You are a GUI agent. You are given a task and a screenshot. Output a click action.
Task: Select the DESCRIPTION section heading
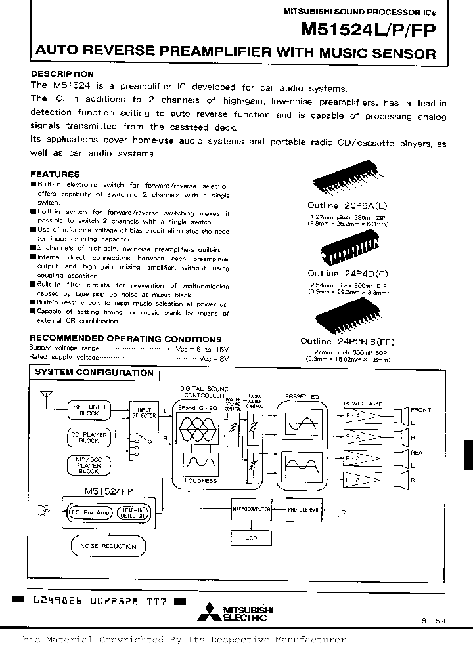pyautogui.click(x=62, y=74)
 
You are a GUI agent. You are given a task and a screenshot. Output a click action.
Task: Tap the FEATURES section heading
pyautogui.click(x=55, y=175)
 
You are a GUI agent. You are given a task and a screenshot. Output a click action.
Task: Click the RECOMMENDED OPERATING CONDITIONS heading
pyautogui.click(x=125, y=339)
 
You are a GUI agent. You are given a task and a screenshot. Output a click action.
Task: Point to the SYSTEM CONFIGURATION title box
pyautogui.click(x=94, y=373)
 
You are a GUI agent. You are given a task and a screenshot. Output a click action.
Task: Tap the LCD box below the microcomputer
pyautogui.click(x=250, y=538)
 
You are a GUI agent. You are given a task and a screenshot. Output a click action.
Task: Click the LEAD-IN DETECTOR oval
pyautogui.click(x=134, y=511)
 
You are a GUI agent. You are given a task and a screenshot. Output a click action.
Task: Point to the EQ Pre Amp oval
pyautogui.click(x=92, y=511)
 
